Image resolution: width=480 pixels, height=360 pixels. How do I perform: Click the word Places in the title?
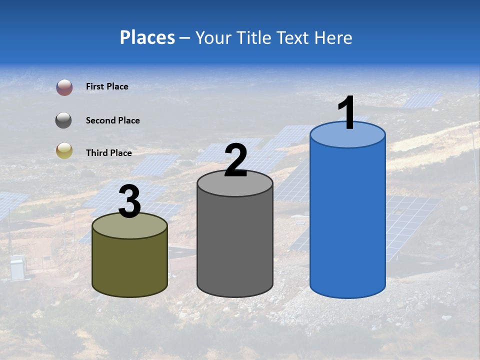point(147,37)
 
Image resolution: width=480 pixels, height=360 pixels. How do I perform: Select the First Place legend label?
point(107,86)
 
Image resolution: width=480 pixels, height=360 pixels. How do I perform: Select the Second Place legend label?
point(112,120)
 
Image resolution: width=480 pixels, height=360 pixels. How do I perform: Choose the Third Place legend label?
point(108,153)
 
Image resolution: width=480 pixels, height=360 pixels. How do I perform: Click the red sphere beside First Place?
point(64,87)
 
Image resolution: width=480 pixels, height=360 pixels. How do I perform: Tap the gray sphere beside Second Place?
point(64,120)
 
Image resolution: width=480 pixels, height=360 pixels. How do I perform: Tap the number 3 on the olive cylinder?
point(130,201)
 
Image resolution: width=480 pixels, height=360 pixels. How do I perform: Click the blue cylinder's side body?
point(347,220)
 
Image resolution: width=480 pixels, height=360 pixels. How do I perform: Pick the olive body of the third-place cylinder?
point(130,265)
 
